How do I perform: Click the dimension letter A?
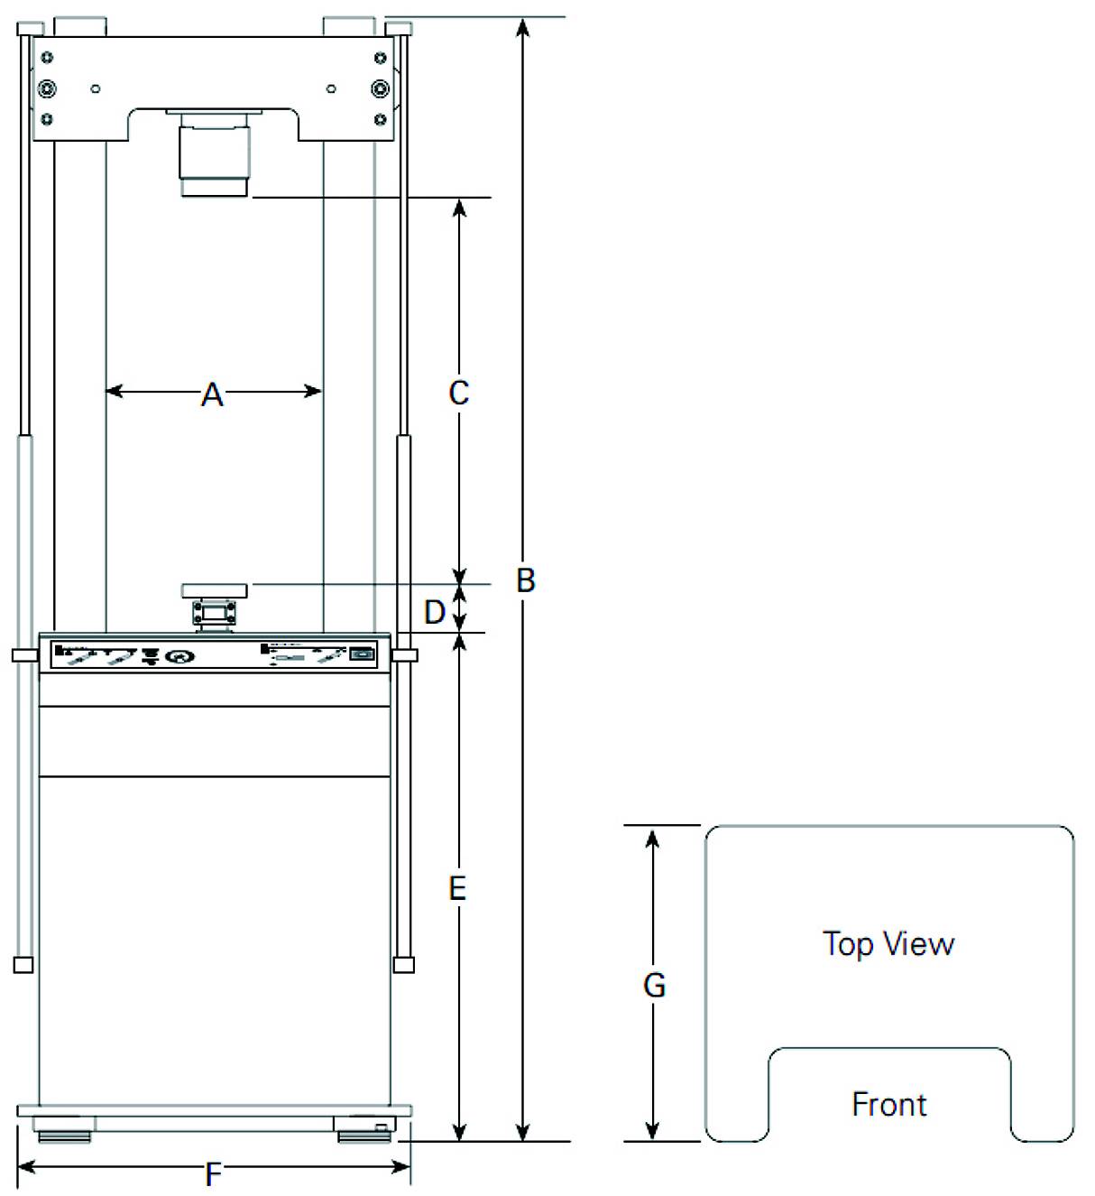tap(212, 394)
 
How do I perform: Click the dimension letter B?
tap(525, 580)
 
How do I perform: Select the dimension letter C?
tap(458, 394)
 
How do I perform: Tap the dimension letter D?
tap(435, 612)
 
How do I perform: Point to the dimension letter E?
tap(457, 889)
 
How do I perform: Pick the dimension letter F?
tap(213, 1174)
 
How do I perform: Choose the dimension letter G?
tap(654, 985)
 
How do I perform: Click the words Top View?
tap(888, 944)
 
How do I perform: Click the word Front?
tap(888, 1104)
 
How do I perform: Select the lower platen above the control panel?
tap(215, 590)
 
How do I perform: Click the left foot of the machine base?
tap(63, 1129)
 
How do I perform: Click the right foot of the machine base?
tap(363, 1129)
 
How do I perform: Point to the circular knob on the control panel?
tap(179, 656)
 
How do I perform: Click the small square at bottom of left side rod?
tap(23, 964)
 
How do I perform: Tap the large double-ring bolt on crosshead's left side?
tap(47, 88)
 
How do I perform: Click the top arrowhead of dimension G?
tap(653, 836)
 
